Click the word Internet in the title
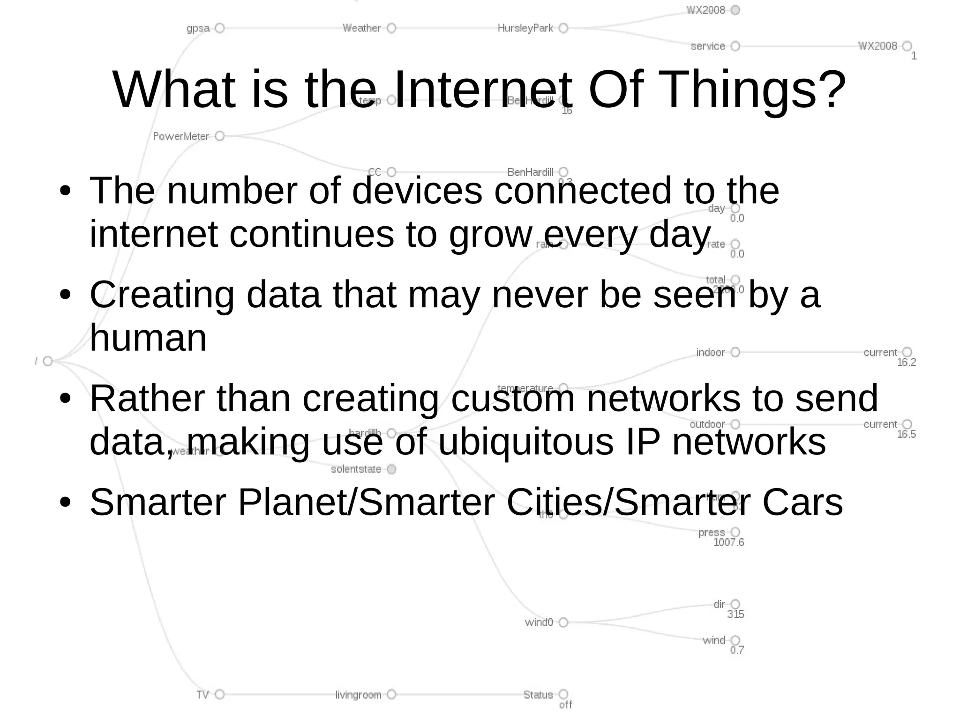[x=482, y=90]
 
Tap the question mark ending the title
[x=832, y=90]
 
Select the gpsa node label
[x=198, y=28]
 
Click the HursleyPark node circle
[x=563, y=28]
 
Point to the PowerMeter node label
[x=181, y=136]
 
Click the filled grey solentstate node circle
[x=392, y=469]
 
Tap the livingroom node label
[x=358, y=695]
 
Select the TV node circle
[x=219, y=694]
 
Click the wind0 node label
[x=539, y=622]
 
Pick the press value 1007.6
[x=728, y=542]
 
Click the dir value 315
[x=735, y=614]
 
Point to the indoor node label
[x=710, y=352]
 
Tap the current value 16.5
[x=906, y=434]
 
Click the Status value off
[x=565, y=704]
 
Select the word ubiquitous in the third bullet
[x=525, y=442]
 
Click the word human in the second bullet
[x=148, y=338]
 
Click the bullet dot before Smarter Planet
[x=65, y=503]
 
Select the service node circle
[x=735, y=46]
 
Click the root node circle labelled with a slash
[x=48, y=361]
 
